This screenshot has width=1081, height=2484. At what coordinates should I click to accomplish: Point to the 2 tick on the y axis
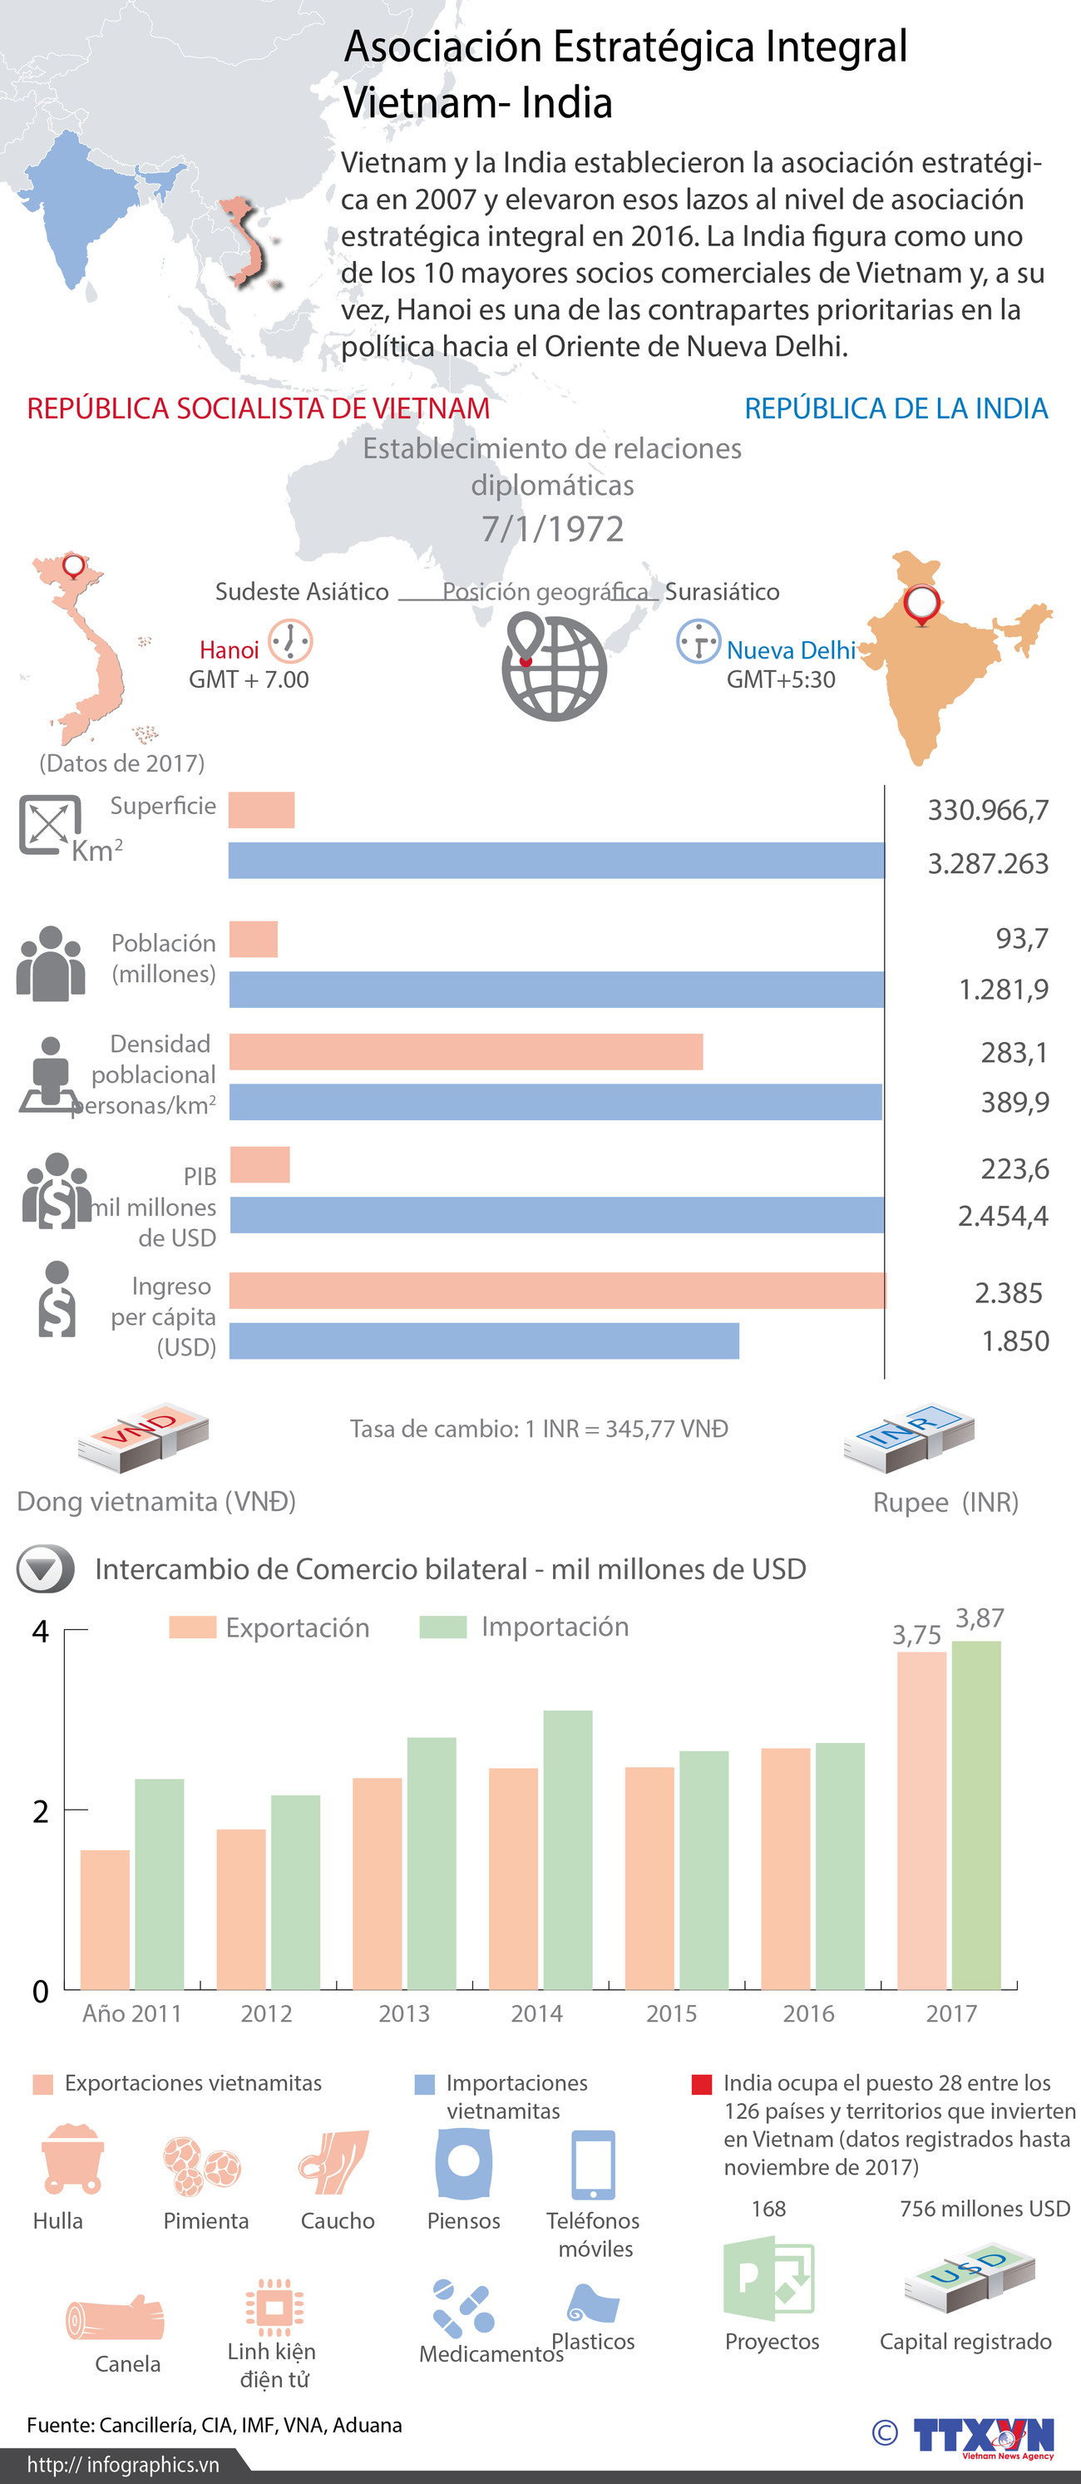41,1811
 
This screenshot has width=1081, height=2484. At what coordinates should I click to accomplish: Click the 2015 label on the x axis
671,2013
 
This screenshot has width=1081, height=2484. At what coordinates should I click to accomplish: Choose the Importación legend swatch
442,1627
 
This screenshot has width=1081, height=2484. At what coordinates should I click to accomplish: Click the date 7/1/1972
552,528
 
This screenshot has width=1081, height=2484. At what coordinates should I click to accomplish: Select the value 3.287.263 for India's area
988,863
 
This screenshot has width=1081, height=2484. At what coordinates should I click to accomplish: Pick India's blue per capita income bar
484,1341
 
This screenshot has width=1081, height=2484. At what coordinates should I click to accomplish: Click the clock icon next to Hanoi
289,641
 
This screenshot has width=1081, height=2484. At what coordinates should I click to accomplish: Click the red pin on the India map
922,605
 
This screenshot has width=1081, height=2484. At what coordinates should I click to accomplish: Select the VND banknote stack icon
144,1437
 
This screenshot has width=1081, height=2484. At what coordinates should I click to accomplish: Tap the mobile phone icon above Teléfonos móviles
592,2165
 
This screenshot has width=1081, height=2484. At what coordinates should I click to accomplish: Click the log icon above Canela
115,2317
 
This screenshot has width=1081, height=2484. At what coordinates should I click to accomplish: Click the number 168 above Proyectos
768,2208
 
